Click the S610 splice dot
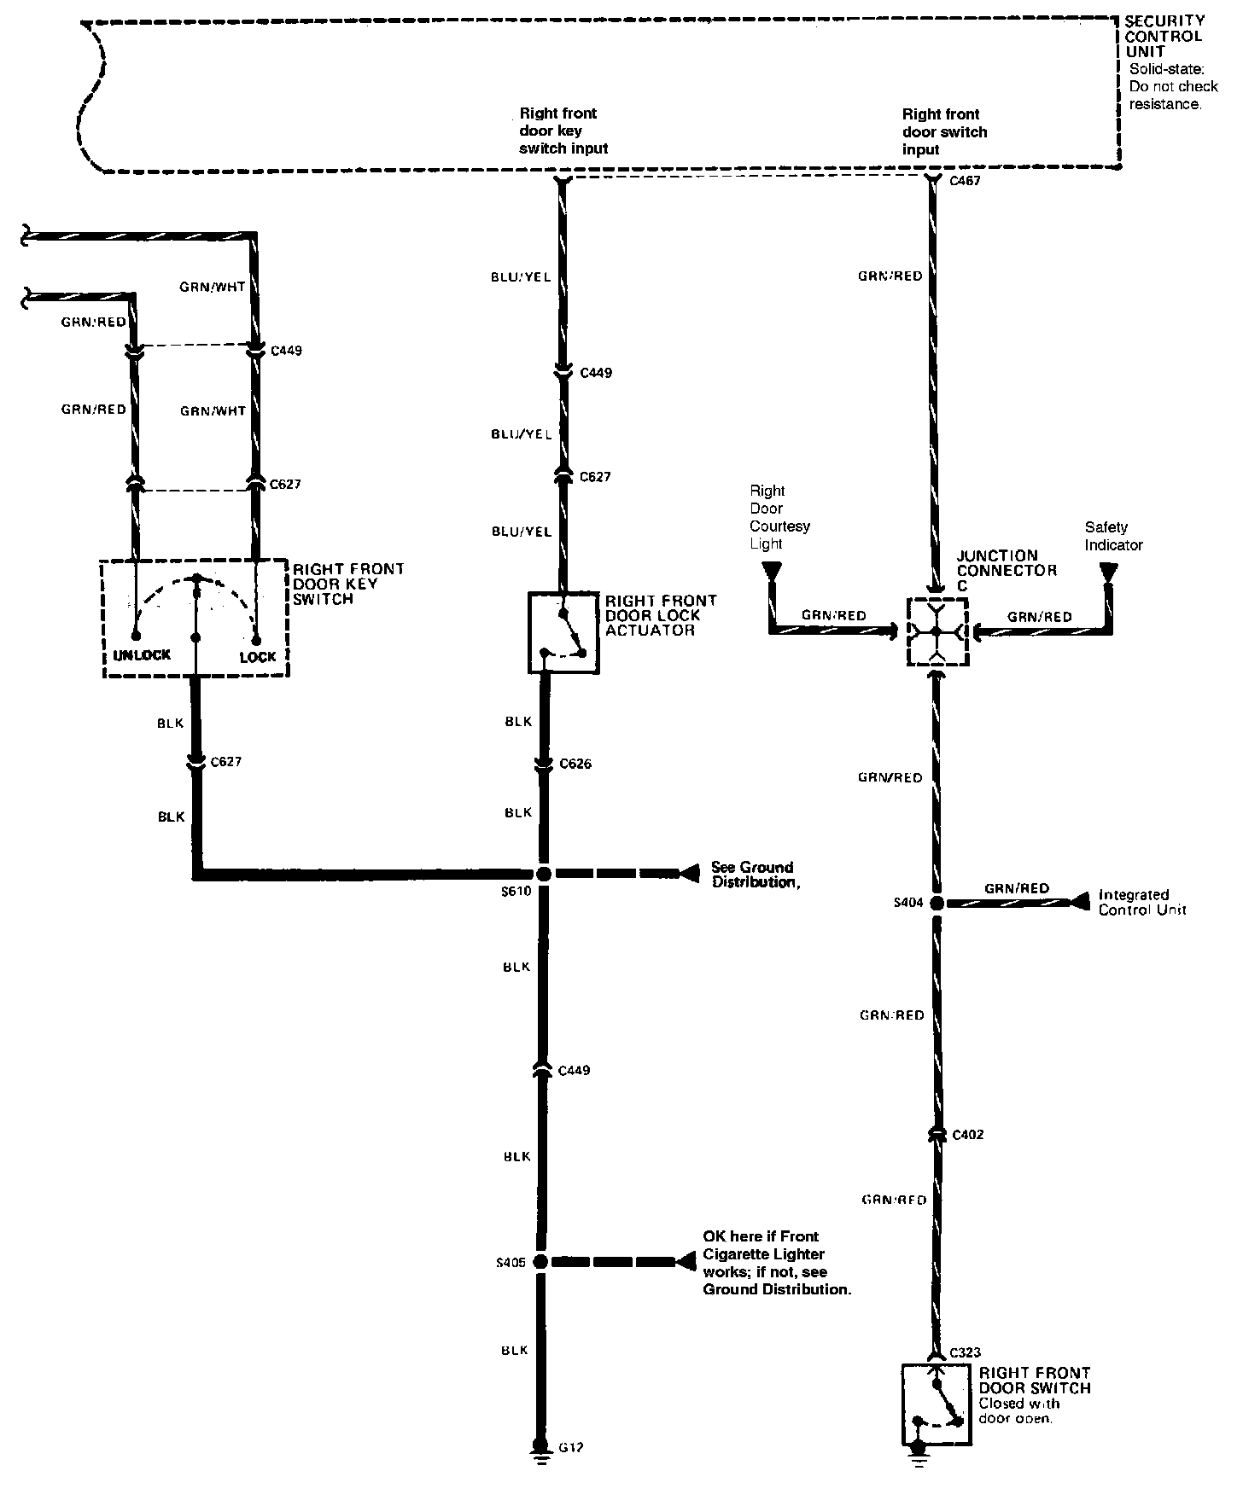click(543, 874)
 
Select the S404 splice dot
click(937, 903)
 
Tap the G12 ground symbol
click(540, 1448)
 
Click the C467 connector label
click(965, 181)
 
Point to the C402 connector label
click(967, 1135)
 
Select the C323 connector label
click(965, 1353)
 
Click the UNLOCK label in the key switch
click(142, 655)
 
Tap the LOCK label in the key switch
click(257, 657)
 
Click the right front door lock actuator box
click(563, 632)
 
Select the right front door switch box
click(936, 1404)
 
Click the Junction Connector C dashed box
click(937, 631)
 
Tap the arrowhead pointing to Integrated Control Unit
click(1081, 901)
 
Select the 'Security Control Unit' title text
click(1164, 36)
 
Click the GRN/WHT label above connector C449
click(213, 288)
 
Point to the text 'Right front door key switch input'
click(563, 131)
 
